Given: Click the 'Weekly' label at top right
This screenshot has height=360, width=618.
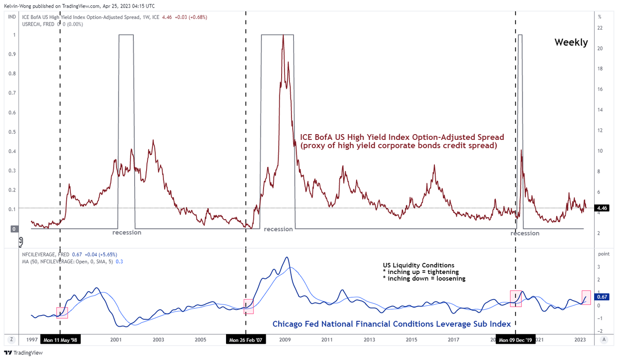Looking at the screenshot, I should pyautogui.click(x=571, y=42).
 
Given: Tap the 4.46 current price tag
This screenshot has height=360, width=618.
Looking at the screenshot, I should pyautogui.click(x=602, y=208).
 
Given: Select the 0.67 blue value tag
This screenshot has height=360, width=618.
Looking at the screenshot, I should pyautogui.click(x=602, y=297).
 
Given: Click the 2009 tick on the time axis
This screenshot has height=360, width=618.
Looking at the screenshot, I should pyautogui.click(x=285, y=340).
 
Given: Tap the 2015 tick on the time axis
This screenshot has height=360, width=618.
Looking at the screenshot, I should pyautogui.click(x=411, y=340).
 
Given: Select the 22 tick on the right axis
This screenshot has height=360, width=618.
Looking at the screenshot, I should pyautogui.click(x=600, y=28).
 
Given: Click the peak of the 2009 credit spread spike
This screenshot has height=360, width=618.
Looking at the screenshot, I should pyautogui.click(x=283, y=35).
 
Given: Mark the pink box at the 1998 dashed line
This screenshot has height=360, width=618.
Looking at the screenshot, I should pyautogui.click(x=62, y=313).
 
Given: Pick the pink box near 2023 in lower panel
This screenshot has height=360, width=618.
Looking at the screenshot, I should pyautogui.click(x=586, y=297).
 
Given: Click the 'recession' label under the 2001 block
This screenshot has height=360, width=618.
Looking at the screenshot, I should pyautogui.click(x=127, y=232).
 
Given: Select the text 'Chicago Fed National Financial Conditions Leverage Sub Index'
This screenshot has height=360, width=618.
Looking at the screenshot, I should pyautogui.click(x=392, y=324).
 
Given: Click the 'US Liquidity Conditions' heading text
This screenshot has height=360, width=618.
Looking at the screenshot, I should pyautogui.click(x=418, y=265).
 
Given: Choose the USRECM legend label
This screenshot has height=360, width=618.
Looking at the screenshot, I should pyautogui.click(x=32, y=24).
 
